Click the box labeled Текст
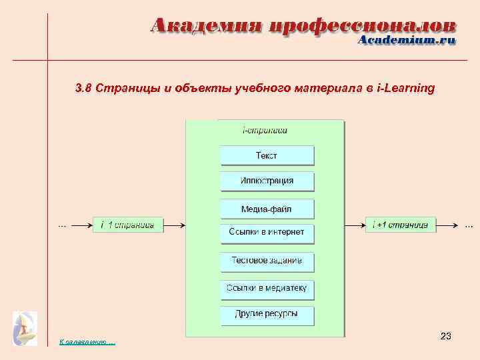pyautogui.click(x=267, y=155)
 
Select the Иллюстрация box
pyautogui.click(x=267, y=181)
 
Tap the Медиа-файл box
pyautogui.click(x=267, y=209)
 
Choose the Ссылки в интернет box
pyautogui.click(x=267, y=232)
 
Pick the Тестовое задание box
pyautogui.click(x=267, y=261)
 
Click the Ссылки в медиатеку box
pyautogui.click(x=267, y=289)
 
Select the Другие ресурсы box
pyautogui.click(x=267, y=314)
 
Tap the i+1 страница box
pyautogui.click(x=401, y=225)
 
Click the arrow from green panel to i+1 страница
pyautogui.click(x=355, y=225)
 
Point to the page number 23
pyautogui.click(x=446, y=337)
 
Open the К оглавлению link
pyautogui.click(x=87, y=342)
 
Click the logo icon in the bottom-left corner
pyautogui.click(x=25, y=328)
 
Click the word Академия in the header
pyautogui.click(x=206, y=27)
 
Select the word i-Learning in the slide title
pyautogui.click(x=405, y=87)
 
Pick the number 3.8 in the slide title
pyautogui.click(x=83, y=87)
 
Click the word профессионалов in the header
pyautogui.click(x=363, y=27)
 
